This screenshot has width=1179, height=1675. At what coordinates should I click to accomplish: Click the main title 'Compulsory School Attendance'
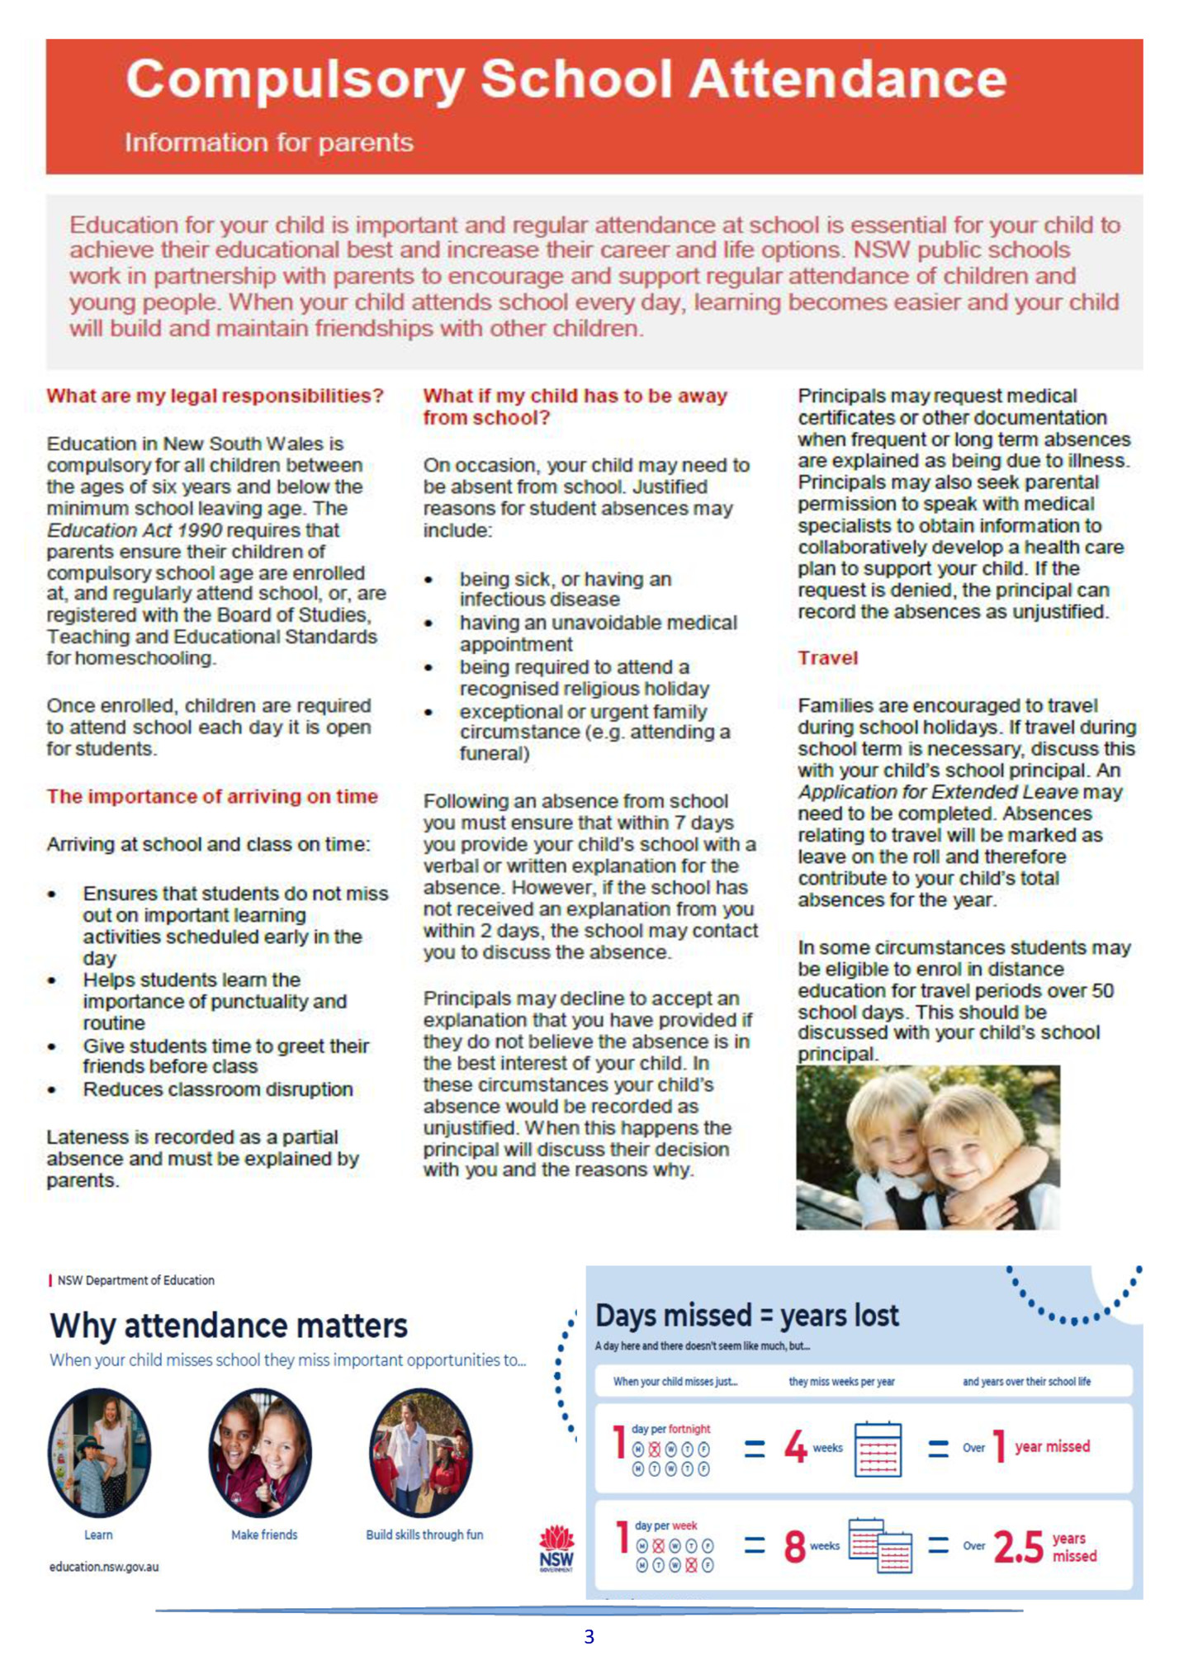tap(566, 80)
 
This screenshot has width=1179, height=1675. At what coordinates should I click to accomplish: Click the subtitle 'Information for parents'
tap(269, 143)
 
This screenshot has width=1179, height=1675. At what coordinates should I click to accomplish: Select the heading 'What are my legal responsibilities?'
tap(215, 396)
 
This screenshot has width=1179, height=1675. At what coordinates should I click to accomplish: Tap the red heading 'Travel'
tap(827, 658)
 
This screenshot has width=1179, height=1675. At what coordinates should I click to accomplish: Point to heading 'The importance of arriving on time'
tap(212, 796)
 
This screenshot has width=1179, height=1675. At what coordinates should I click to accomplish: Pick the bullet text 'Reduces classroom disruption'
tap(218, 1089)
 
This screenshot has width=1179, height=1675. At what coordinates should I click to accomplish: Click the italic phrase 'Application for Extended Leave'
tap(937, 792)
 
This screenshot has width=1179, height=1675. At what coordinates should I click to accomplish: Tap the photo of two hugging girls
tap(927, 1147)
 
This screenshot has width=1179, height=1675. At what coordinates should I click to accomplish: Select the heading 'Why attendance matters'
tap(229, 1326)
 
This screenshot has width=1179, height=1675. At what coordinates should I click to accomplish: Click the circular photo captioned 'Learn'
tap(99, 1453)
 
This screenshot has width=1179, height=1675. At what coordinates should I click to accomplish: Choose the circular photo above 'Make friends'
tap(261, 1453)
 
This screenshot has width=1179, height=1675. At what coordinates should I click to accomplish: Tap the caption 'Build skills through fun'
tap(424, 1535)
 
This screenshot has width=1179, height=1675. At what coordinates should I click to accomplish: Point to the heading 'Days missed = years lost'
tap(747, 1316)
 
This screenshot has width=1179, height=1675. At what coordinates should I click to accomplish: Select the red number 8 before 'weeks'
tap(794, 1545)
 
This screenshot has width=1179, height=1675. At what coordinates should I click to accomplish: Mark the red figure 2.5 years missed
tap(1018, 1547)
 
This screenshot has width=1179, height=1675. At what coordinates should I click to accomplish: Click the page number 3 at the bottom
tap(589, 1636)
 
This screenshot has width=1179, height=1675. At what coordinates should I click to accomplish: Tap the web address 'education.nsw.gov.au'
tap(104, 1567)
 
